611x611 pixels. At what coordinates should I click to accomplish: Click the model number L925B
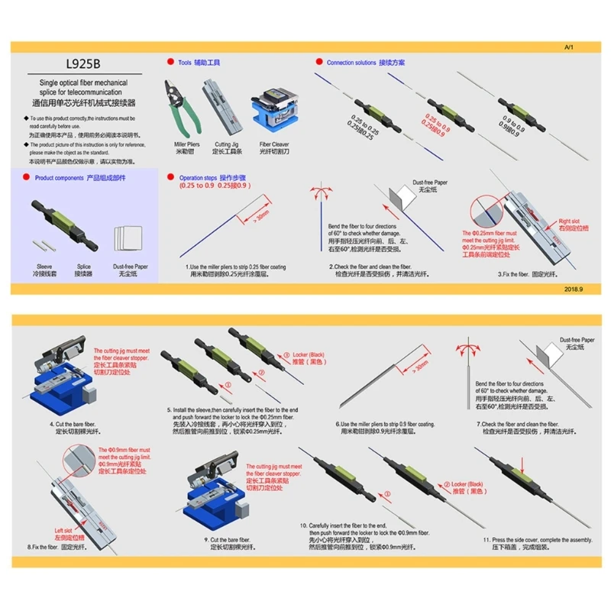pyautogui.click(x=82, y=65)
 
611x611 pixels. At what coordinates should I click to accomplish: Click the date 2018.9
pyautogui.click(x=574, y=289)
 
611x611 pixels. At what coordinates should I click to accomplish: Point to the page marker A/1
pyautogui.click(x=567, y=47)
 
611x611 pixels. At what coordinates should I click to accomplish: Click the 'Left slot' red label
pyautogui.click(x=63, y=530)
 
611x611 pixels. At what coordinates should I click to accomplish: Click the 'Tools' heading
pyautogui.click(x=198, y=62)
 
